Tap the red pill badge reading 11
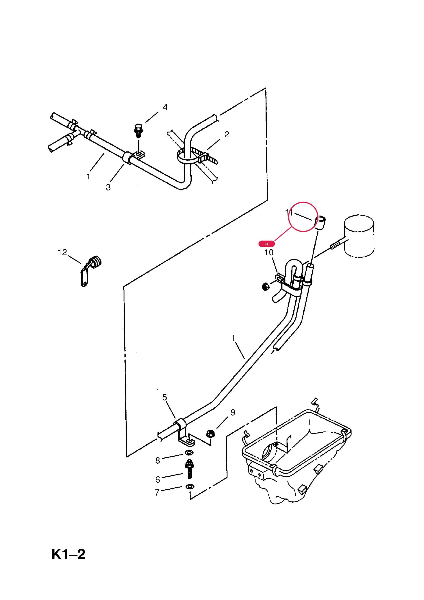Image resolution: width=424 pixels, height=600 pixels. pos(266,244)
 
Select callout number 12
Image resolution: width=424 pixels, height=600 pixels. pos(62,252)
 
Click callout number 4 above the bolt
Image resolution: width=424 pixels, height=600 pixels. pos(165,107)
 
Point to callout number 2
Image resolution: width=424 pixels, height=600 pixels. pos(227,134)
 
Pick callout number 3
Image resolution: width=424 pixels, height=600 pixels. pos(108,187)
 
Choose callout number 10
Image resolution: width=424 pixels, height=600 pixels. pos(269,252)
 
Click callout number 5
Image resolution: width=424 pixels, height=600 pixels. pos(164,397)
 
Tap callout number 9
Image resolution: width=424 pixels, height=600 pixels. pos(233,412)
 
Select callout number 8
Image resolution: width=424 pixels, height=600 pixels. pos(158,460)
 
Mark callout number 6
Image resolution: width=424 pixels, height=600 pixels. pos(158,480)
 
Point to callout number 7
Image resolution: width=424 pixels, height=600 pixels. pos(157,493)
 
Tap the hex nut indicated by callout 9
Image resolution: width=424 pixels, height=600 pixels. pos(210,434)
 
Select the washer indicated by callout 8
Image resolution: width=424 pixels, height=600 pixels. pos(189,452)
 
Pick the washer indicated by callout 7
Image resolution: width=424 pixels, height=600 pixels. pos(189,487)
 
